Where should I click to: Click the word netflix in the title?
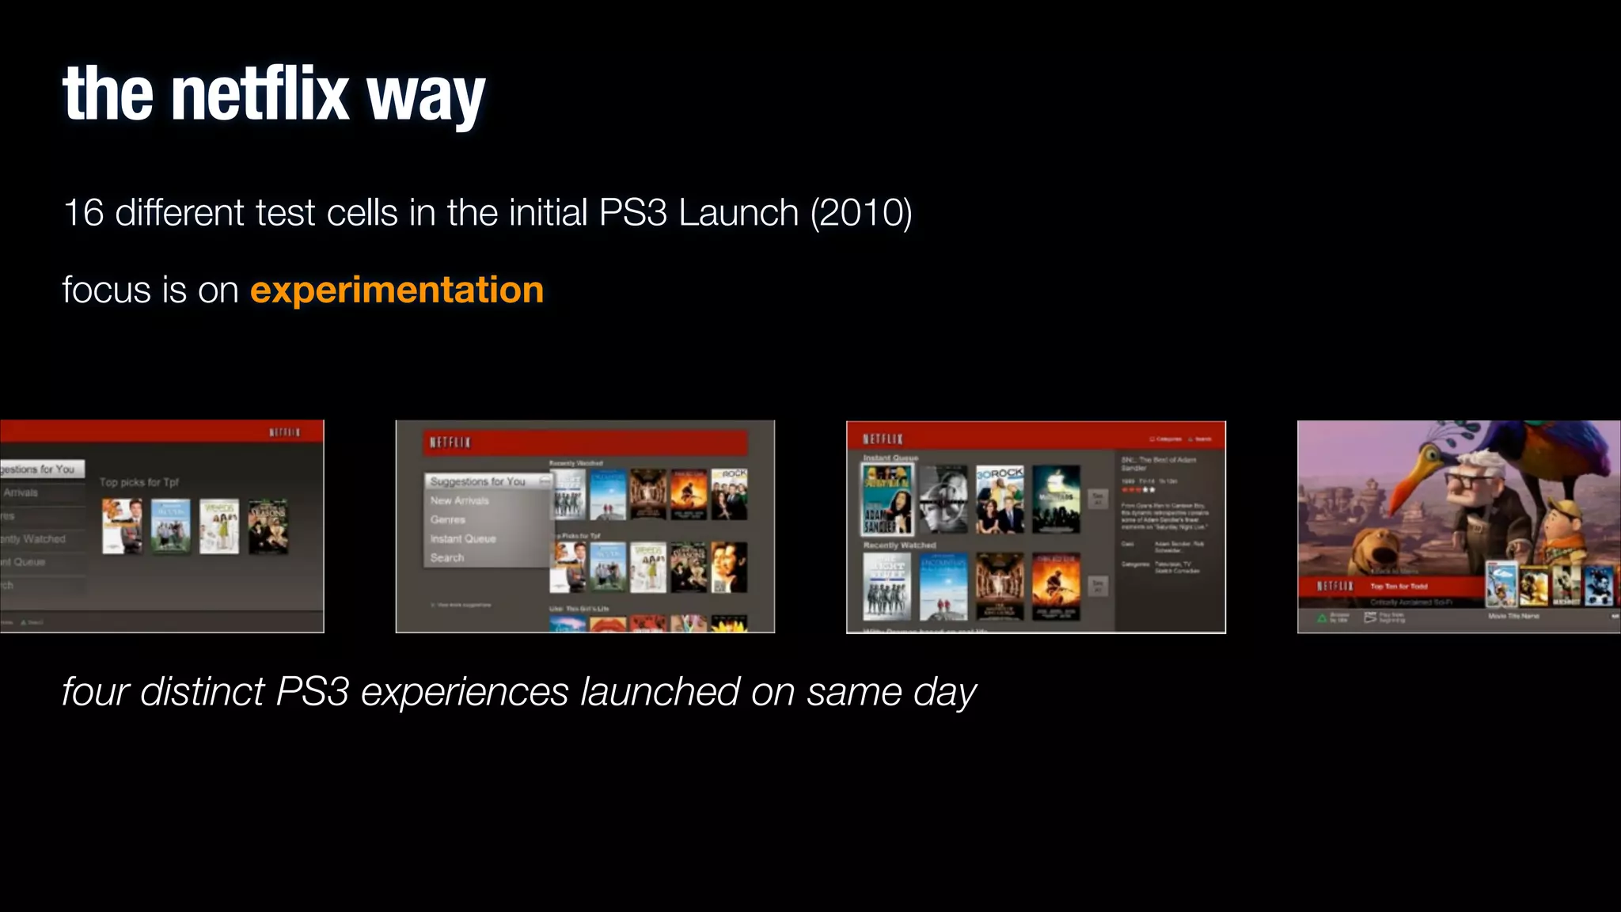[x=260, y=95]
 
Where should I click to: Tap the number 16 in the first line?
[x=83, y=213]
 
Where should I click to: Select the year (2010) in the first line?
[x=861, y=213]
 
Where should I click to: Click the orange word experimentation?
[x=397, y=290]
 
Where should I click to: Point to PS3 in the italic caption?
[x=312, y=692]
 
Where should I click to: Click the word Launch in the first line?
[x=738, y=213]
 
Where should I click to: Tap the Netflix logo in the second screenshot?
[x=450, y=442]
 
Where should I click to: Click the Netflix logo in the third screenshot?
[x=883, y=439]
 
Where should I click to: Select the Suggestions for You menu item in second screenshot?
[x=478, y=481]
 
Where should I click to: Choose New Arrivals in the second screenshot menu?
[x=460, y=500]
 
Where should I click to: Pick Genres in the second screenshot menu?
[x=448, y=519]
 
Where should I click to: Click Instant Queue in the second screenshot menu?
[x=463, y=538]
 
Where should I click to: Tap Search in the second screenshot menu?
[x=447, y=557]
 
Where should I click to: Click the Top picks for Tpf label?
[x=139, y=481]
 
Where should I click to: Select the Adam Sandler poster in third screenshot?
[x=886, y=500]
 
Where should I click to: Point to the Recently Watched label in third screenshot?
[x=899, y=545]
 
